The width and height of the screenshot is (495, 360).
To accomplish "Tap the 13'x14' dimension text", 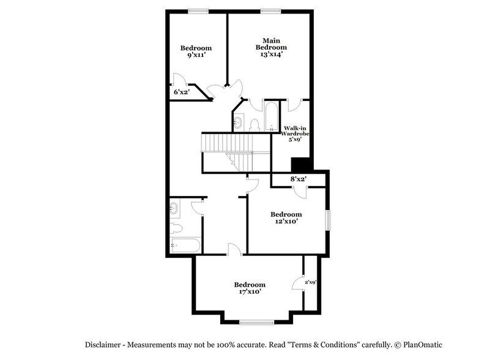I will coord(270,54).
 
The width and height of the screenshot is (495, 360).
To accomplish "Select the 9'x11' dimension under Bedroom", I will coord(196,55).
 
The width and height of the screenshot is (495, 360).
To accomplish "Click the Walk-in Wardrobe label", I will coord(296,133).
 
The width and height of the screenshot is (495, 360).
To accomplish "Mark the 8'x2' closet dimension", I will coord(297,179).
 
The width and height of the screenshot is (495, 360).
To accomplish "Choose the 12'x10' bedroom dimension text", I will coord(286,222).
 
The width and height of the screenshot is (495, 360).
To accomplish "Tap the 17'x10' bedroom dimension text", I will coord(250,292).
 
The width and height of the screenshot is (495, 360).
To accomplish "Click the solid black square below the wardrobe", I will coord(300,165).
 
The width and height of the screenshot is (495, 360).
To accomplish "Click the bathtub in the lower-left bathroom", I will coord(185,246).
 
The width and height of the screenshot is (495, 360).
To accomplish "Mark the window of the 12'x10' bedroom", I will coord(328,220).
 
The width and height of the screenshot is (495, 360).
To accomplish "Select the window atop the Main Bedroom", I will coord(270,10).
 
